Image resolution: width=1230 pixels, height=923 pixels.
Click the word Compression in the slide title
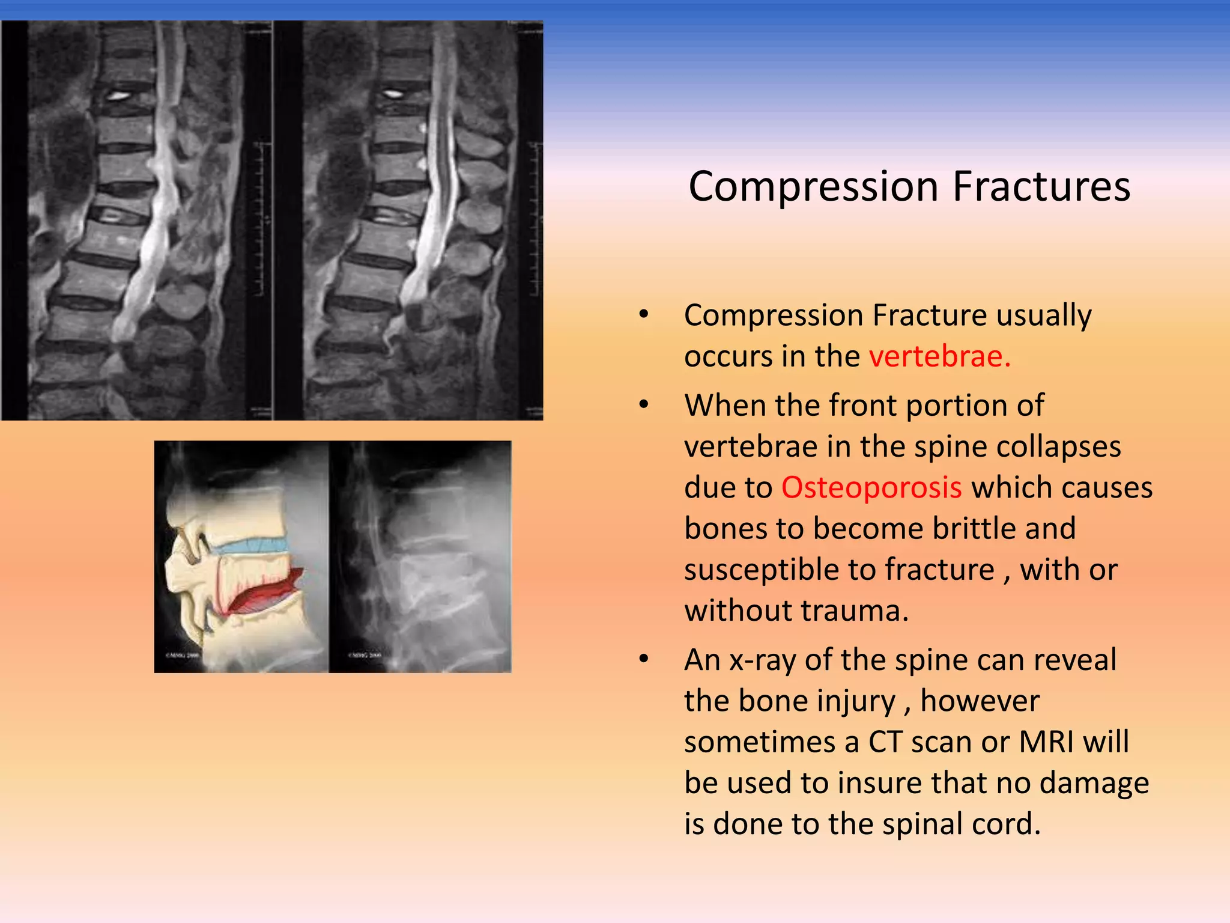(813, 187)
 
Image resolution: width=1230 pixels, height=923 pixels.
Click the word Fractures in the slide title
(1041, 187)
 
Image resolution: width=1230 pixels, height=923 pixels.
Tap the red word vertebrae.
(939, 356)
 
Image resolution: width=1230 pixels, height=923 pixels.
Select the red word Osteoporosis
(871, 487)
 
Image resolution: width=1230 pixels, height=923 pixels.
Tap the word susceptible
(779, 570)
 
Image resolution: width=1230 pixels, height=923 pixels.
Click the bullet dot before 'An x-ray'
(644, 659)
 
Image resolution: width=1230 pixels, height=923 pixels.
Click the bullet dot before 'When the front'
(644, 405)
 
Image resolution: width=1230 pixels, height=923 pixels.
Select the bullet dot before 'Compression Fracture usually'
(644, 315)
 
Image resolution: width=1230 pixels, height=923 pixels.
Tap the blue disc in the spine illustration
(252, 546)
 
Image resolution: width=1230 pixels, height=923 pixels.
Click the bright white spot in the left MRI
(119, 95)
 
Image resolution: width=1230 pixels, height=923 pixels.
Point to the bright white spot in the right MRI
(393, 93)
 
